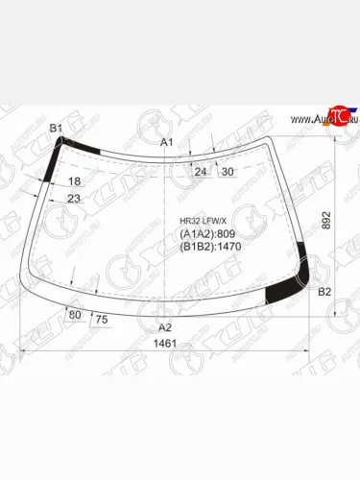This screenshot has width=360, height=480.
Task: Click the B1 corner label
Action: click(x=56, y=128)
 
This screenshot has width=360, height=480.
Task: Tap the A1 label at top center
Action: click(x=165, y=142)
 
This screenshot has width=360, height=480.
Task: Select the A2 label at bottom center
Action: click(x=164, y=327)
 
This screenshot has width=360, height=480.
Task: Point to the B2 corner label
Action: click(x=324, y=291)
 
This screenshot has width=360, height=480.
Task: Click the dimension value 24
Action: click(x=201, y=172)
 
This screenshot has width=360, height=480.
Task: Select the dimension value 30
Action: click(x=228, y=172)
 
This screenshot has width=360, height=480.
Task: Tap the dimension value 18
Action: click(x=75, y=181)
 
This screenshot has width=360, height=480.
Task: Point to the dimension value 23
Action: click(x=74, y=199)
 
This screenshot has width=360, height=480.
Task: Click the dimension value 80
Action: click(x=75, y=314)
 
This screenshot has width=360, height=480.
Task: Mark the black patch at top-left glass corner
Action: click(x=78, y=146)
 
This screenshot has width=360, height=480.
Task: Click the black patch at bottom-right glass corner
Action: click(x=282, y=292)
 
